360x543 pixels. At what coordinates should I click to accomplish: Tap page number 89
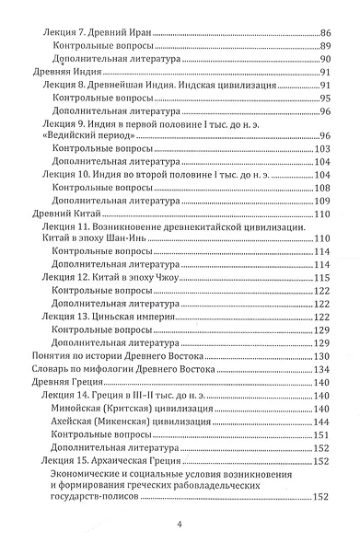pos(323,45)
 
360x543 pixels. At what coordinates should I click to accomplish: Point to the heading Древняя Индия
pos(59,71)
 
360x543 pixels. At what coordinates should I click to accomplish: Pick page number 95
pos(323,98)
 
